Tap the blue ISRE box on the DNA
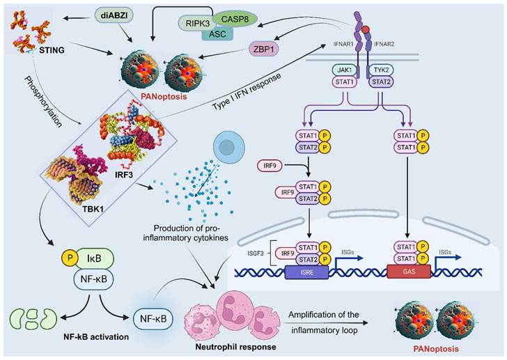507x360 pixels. click(304, 273)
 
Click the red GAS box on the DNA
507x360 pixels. click(408, 273)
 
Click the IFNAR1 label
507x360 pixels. click(338, 44)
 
